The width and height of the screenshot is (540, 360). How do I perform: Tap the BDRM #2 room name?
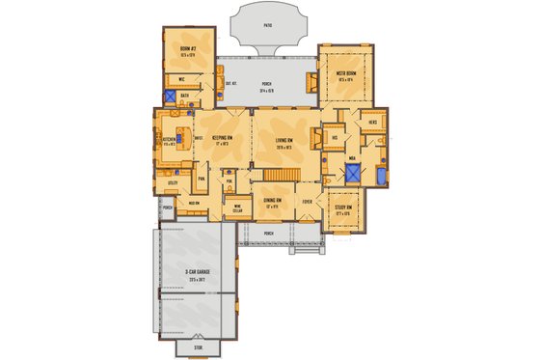pos(188,48)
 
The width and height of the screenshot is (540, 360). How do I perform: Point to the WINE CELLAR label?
pos(237,206)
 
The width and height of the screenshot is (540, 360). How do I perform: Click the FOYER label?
pos(307,201)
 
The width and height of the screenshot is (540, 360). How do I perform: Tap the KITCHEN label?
pos(168,139)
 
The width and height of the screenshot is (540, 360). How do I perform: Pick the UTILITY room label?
pos(173,180)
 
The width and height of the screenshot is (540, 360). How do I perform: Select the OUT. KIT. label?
pos(231,83)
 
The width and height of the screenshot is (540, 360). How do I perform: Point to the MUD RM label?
pos(194,203)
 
